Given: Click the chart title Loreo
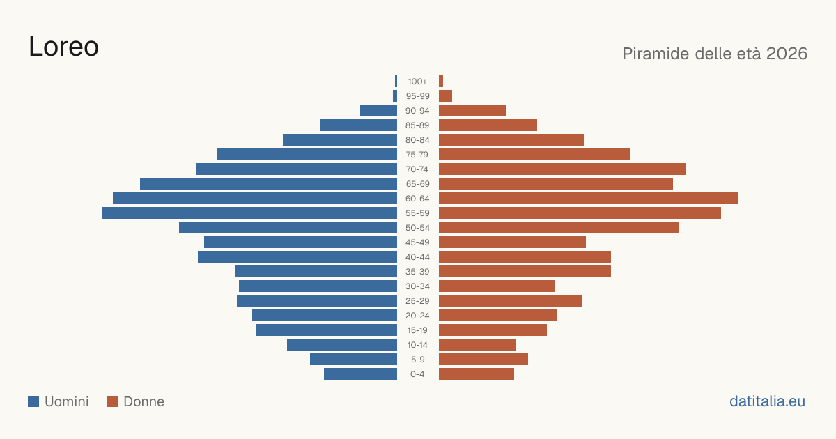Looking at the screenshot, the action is pos(64,47).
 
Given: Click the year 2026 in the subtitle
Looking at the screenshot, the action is pos(787,54).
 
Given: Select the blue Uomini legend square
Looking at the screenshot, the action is pos(33,401).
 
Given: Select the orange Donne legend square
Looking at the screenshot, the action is pos(112,401).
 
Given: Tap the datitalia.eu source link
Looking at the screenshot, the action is pos(767,401).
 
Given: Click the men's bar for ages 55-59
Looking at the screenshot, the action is pos(249,213).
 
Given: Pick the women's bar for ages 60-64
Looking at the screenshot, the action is pos(589,198).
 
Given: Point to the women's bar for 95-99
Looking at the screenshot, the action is pos(446,96).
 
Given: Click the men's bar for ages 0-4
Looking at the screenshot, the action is pos(361,373).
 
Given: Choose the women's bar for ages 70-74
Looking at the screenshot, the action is pos(562,169).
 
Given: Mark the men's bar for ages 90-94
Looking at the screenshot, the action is pos(378,111).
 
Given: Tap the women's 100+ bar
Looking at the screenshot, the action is pos(441,81).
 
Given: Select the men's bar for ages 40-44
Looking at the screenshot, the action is pos(297,257).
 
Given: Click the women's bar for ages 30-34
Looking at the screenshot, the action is pos(497,286).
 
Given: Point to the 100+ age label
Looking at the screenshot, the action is pos(417,82).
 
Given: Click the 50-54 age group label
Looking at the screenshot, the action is pos(417,228).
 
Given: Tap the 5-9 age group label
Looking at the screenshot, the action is pos(417,359).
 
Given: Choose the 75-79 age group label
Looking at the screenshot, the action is pos(417,155).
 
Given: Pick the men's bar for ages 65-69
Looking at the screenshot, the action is pos(268,184).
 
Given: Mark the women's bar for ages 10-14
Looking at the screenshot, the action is pos(478,344).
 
